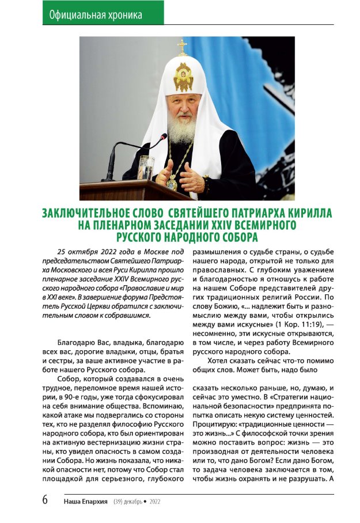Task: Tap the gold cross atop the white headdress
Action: point(183,47)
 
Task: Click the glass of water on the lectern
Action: point(146,166)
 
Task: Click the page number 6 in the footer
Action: point(45,500)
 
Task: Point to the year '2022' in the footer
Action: point(156,501)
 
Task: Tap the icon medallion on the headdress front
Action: point(183,77)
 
